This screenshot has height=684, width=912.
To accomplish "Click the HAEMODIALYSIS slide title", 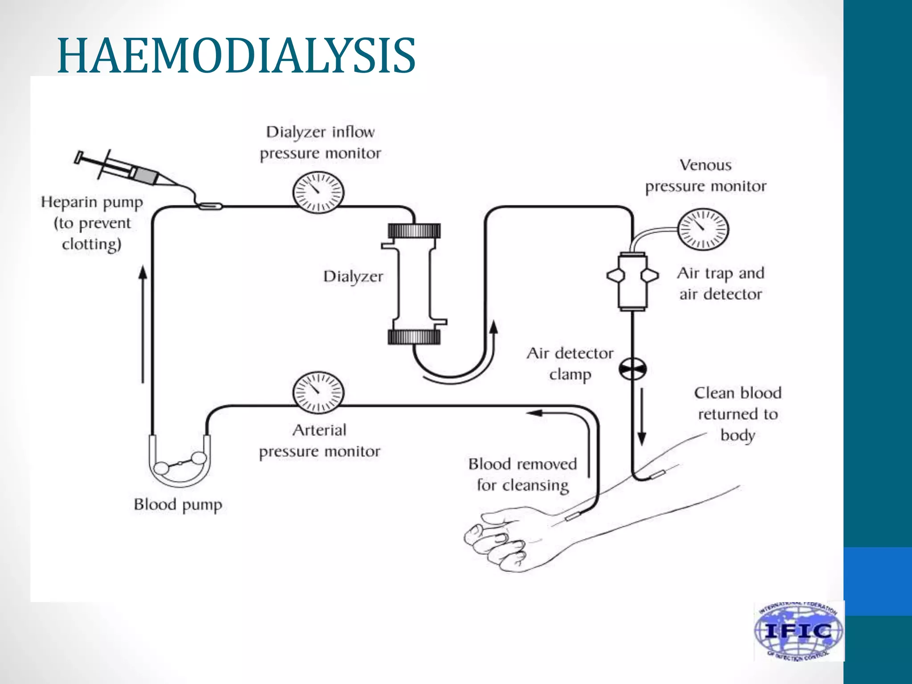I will click(236, 56).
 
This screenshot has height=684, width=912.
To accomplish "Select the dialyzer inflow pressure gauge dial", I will click(318, 192).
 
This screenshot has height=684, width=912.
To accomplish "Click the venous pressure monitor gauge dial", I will click(703, 229).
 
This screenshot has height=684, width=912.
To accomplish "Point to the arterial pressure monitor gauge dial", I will click(318, 392).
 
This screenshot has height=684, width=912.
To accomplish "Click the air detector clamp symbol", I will click(632, 369).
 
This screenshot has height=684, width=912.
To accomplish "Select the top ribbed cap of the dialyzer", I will click(414, 231).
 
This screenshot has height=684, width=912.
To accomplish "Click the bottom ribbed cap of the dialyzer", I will click(414, 337).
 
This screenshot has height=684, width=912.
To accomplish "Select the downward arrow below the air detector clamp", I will click(642, 416).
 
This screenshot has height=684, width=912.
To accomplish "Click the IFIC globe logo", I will click(798, 631).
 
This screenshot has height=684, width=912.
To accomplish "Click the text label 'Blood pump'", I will click(178, 505).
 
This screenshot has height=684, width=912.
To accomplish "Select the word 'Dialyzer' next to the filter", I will click(353, 277).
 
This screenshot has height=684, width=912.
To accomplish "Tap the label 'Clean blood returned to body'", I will click(737, 414).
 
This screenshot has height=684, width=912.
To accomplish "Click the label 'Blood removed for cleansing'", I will click(522, 474).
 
